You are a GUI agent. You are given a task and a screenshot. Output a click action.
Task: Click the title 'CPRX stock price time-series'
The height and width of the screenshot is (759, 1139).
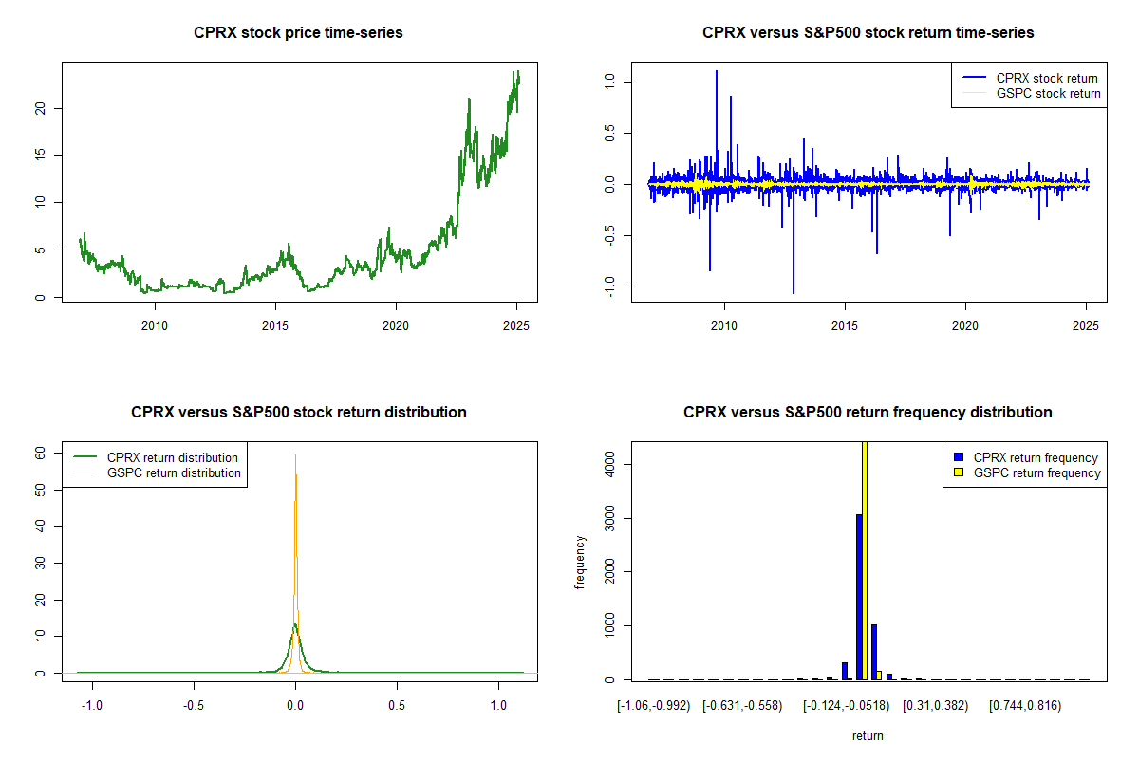pos(298,33)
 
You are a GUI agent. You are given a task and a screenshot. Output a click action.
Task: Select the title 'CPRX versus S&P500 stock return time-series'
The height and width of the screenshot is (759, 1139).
pos(868,33)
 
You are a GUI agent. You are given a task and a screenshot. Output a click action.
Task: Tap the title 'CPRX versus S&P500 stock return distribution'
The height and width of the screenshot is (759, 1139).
pos(298,413)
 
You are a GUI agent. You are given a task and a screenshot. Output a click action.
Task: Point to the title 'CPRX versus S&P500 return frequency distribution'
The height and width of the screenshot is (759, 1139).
pos(868,413)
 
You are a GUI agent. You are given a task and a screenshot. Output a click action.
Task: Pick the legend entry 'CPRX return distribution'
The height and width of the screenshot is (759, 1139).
pos(172,457)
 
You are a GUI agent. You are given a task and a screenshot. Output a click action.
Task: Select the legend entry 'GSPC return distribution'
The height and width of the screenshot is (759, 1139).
pos(174,472)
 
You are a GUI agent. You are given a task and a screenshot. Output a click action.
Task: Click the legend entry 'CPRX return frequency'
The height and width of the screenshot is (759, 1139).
pos(1036,457)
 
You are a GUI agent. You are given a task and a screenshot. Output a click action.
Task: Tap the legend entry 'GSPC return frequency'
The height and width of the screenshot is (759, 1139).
pos(1036,472)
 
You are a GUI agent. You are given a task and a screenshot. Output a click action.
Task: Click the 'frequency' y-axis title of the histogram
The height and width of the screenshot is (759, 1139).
pos(580,563)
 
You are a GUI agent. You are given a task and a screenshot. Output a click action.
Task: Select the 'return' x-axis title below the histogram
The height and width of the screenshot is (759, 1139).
pos(868,735)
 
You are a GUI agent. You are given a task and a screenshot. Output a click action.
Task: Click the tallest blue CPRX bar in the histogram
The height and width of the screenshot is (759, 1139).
pos(859,598)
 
